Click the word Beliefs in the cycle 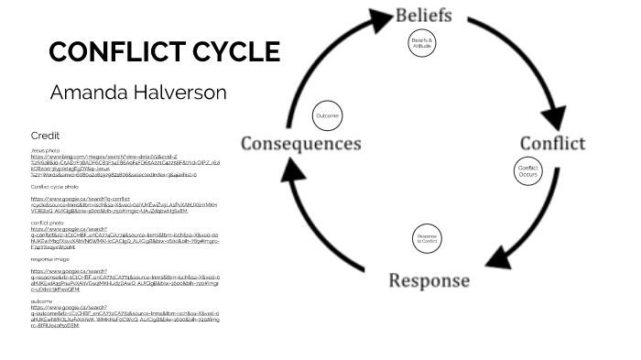[423, 15]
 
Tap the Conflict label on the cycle [552, 143]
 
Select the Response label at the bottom [429, 280]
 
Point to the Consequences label [300, 144]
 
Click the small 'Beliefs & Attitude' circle [421, 43]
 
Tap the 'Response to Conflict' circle [427, 240]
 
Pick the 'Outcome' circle [327, 115]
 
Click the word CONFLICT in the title [107, 51]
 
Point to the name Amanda [89, 93]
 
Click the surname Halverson [181, 93]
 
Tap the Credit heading [45, 136]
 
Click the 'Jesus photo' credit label [45, 150]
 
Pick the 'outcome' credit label [41, 300]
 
